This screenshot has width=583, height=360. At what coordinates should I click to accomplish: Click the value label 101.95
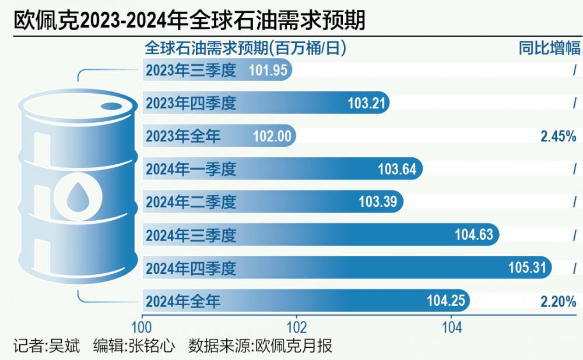pos(268,70)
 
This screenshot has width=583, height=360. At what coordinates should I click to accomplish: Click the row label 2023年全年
pos(183,136)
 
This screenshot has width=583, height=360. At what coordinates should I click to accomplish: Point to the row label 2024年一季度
pos(191,170)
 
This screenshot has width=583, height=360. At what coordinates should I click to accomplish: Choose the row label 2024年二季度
pos(191,202)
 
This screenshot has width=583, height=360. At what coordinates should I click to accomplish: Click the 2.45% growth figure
pos(558,136)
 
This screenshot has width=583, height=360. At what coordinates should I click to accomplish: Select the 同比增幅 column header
pos(549,48)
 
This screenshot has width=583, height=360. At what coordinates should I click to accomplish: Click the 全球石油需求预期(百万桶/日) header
pos(245,48)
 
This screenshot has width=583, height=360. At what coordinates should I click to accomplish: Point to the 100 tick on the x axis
pos(142,327)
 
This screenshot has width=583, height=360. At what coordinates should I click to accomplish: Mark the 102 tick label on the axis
pos(297,327)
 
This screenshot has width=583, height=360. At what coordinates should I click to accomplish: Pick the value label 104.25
pos(445,301)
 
